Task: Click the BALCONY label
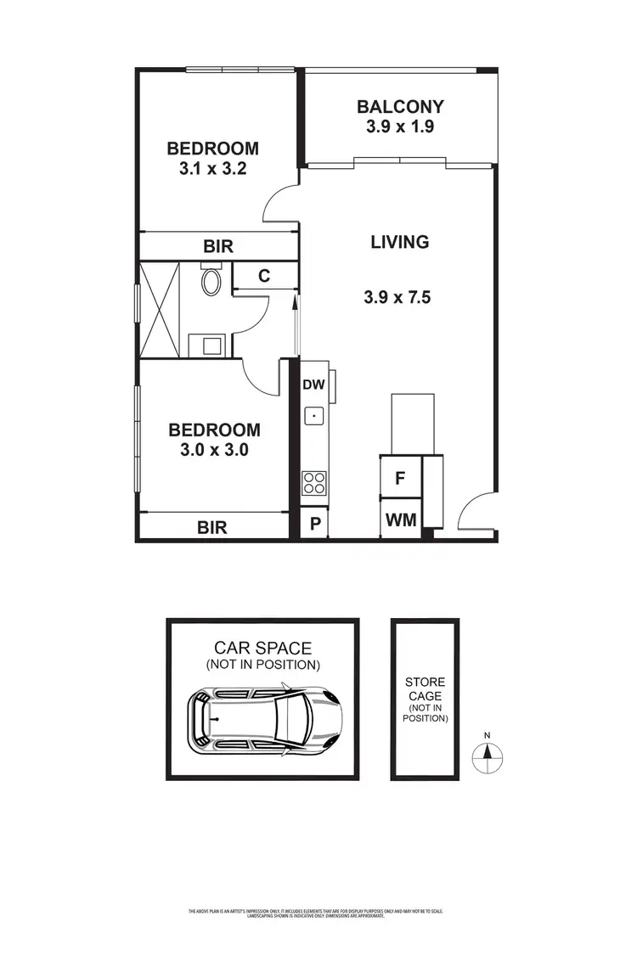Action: (x=400, y=107)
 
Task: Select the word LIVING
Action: (x=399, y=242)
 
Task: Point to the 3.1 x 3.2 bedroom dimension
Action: (x=212, y=168)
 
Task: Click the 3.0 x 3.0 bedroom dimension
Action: (x=214, y=450)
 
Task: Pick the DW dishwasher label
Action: (x=314, y=385)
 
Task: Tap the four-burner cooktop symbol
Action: (x=314, y=483)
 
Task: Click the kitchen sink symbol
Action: (x=314, y=416)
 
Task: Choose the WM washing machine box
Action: (x=401, y=520)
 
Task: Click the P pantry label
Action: (x=314, y=524)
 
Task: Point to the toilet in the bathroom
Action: (x=211, y=280)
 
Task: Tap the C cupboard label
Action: (x=264, y=275)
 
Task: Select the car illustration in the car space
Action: (x=264, y=718)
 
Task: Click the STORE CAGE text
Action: (x=425, y=688)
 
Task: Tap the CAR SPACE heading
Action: (x=262, y=649)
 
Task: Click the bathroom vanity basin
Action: (x=207, y=345)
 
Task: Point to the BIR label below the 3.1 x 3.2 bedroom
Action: (x=218, y=247)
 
